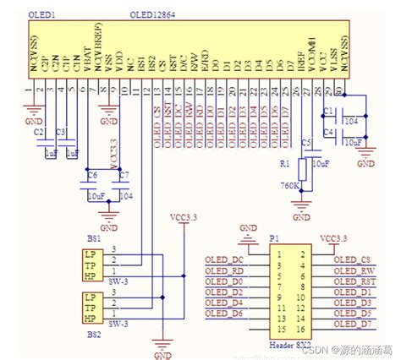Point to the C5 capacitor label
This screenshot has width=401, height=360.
(x=305, y=140)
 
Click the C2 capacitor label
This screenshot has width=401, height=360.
(x=38, y=133)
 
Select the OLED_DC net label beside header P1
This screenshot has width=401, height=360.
(x=224, y=259)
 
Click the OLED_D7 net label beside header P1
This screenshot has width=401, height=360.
(x=353, y=325)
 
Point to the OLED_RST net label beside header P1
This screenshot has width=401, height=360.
(x=354, y=281)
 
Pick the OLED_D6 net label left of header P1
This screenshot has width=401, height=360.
(x=224, y=314)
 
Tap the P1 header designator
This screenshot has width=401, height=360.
(x=272, y=238)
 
